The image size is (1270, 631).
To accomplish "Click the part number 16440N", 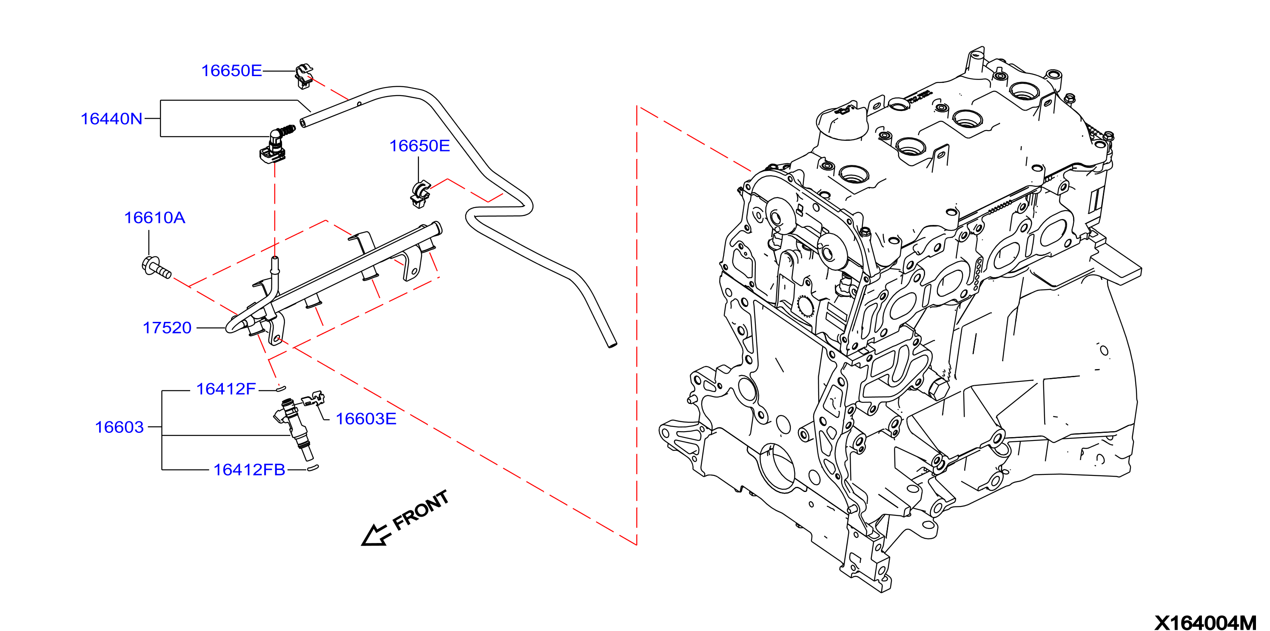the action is [111, 119].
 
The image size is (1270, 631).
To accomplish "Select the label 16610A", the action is [154, 218].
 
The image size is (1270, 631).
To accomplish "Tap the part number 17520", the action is [167, 328].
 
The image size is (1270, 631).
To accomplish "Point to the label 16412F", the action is [226, 389].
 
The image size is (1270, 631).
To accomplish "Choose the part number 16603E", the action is [366, 419].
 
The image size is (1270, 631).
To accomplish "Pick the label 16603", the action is [120, 427].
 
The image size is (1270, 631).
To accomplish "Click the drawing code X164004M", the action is [1205, 623].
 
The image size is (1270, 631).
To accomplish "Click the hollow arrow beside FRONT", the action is [376, 535].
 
